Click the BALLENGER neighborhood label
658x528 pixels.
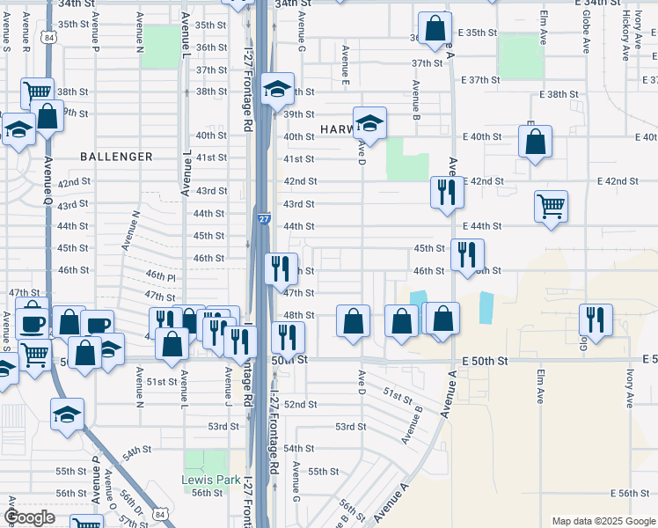coord(116,157)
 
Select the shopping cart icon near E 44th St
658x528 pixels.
coord(551,207)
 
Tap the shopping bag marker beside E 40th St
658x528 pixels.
coord(535,141)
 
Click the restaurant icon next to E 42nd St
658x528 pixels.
coord(447,191)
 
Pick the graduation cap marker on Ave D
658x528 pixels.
coord(370,124)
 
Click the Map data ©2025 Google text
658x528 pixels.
coord(603,521)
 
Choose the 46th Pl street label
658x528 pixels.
coord(161,276)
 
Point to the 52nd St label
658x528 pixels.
coord(300,404)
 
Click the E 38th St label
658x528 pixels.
coord(556,94)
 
